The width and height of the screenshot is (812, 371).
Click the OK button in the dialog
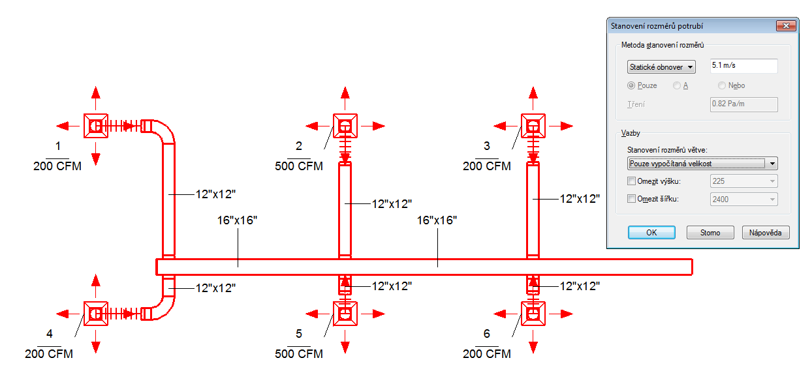click(651, 232)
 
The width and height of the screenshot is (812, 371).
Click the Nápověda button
click(765, 232)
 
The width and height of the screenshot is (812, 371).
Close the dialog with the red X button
click(786, 25)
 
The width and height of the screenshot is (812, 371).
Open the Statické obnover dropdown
click(661, 67)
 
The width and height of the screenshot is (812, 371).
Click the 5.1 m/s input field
click(744, 65)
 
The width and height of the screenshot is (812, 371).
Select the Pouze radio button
click(631, 85)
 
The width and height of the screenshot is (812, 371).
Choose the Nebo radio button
click(722, 85)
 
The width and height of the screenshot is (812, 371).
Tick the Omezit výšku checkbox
click(631, 181)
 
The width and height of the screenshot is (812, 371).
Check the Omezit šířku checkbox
click(631, 199)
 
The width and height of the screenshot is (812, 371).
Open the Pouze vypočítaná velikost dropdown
click(702, 164)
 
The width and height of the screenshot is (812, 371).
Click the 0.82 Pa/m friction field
click(744, 104)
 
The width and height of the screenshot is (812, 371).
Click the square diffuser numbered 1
click(96, 126)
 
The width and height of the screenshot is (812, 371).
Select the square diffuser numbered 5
click(345, 314)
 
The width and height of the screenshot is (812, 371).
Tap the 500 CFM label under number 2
click(299, 166)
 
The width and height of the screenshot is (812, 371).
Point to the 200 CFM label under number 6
click(486, 353)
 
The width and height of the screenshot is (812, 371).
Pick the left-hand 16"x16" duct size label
click(237, 220)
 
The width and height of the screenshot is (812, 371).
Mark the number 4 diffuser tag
click(50, 333)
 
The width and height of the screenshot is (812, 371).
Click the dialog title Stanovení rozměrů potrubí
click(657, 26)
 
